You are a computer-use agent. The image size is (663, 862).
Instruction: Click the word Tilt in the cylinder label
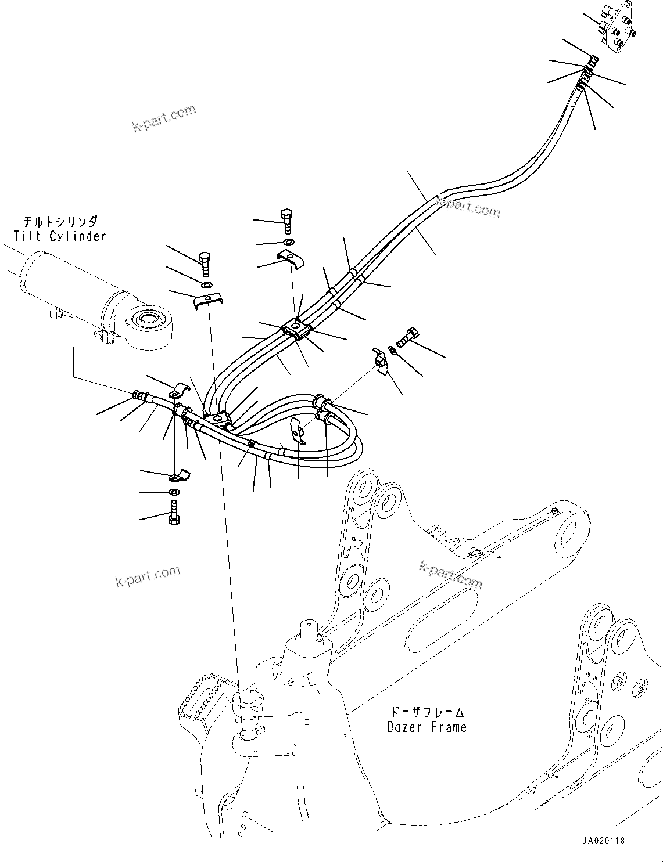point(28,236)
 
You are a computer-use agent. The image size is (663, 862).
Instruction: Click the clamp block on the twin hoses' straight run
point(298,331)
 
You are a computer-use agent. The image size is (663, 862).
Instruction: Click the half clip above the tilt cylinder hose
point(180,390)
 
